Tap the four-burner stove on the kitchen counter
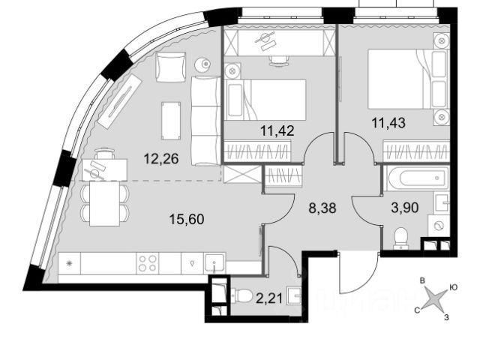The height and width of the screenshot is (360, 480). coord(146,262)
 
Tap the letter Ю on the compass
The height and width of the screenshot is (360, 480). coord(454,286)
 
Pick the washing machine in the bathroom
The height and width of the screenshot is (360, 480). coord(438,224)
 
